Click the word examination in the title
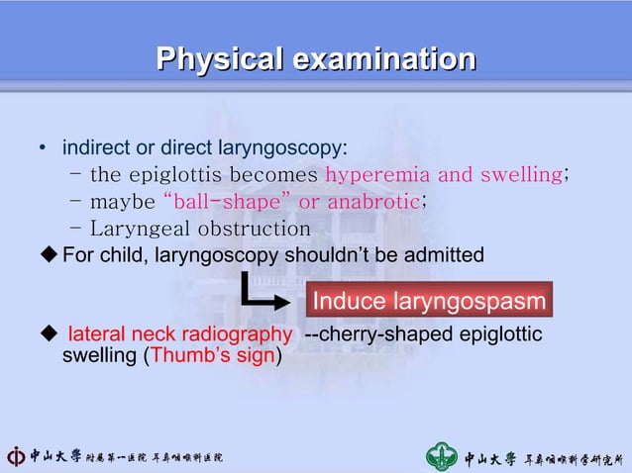[380, 59]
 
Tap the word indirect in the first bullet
[95, 148]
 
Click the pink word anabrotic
[373, 202]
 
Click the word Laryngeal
[132, 229]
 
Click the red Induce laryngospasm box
[428, 300]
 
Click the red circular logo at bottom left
[16, 457]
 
